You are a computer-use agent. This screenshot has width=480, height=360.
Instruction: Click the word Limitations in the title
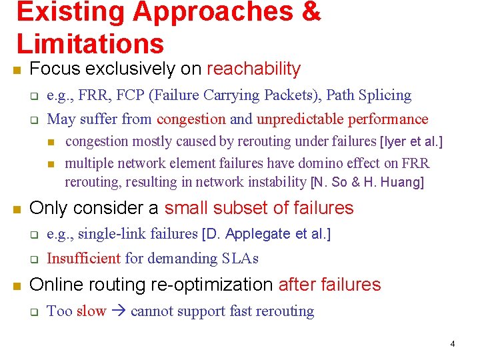coord(90,43)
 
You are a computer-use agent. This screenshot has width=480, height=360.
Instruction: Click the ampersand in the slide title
coord(310,12)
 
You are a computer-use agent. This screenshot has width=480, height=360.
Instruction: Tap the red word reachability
coord(254,69)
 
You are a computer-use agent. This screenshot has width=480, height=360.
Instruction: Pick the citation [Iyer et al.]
coord(411,141)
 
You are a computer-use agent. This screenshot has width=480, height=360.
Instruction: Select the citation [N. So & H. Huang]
coord(367,182)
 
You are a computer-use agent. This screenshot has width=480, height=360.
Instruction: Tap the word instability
coord(277,182)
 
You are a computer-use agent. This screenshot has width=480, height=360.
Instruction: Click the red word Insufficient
coord(83,258)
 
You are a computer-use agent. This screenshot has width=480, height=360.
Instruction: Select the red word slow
coord(91,311)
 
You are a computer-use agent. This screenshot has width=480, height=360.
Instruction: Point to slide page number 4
coord(453,344)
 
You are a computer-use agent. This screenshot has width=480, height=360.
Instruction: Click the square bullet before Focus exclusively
coord(18,69)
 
